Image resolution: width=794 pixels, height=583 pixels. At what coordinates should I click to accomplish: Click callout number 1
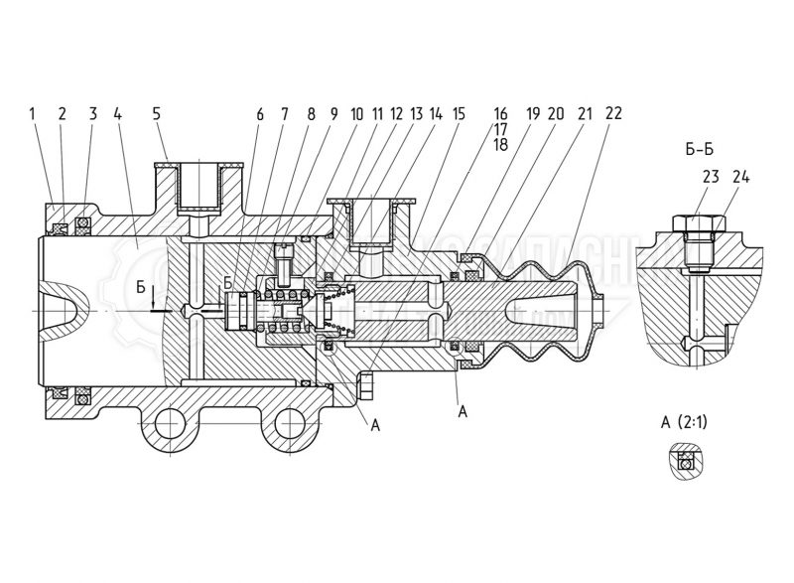coord(34,113)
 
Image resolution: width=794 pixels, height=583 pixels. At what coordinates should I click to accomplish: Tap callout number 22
coord(612,113)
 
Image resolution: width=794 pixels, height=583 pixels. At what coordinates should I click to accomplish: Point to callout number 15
coord(457,113)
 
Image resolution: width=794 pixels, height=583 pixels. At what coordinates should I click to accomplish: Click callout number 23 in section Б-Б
coord(709,178)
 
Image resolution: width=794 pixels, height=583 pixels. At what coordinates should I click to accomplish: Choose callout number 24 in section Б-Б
coord(739,178)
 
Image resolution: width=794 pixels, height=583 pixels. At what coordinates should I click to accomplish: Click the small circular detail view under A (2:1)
coord(683,460)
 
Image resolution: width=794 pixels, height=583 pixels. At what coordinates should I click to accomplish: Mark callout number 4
coord(117,113)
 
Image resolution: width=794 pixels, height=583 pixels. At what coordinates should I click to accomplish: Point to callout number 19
coord(533,113)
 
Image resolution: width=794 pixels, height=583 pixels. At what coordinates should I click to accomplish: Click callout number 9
coord(332,113)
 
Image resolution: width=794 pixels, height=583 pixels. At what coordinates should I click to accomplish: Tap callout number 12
coord(397,113)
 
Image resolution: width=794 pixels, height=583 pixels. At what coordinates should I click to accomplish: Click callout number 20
coord(558,113)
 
